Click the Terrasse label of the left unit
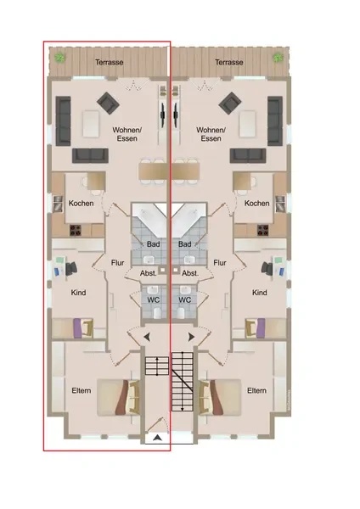(x=110, y=62)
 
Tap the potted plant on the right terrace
(x=278, y=58)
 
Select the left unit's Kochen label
(x=81, y=204)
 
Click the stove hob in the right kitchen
(x=263, y=230)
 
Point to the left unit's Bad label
(x=153, y=243)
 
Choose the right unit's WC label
(x=184, y=299)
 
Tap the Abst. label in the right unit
(x=190, y=273)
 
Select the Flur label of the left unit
(x=118, y=262)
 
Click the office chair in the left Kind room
(x=72, y=268)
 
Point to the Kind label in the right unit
(x=260, y=293)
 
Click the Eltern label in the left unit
(x=82, y=390)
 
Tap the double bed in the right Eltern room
(x=220, y=397)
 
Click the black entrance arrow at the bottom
(x=157, y=438)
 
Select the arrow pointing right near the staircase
(x=191, y=337)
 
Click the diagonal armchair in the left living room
(x=108, y=103)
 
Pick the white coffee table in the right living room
(x=248, y=124)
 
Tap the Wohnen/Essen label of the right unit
(x=211, y=134)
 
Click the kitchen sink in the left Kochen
(x=58, y=204)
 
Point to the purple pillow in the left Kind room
(x=77, y=328)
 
